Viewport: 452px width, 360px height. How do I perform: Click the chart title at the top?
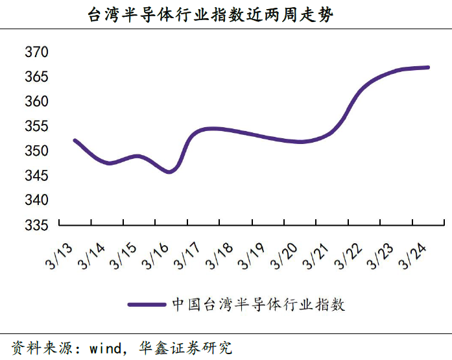point(210,15)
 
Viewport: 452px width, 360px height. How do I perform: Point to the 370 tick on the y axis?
point(36,52)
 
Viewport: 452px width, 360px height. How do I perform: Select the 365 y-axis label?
point(36,77)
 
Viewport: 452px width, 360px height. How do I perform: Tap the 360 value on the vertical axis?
point(36,101)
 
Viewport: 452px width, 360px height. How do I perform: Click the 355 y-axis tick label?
point(36,126)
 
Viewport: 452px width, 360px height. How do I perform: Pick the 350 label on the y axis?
point(36,150)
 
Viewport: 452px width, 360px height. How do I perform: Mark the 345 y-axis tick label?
point(36,175)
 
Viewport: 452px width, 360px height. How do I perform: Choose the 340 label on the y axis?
point(36,200)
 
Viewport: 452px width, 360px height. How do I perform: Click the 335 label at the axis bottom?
point(36,225)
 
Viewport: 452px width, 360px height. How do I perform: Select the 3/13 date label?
point(59,256)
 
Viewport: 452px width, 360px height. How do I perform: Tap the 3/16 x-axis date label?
point(155,256)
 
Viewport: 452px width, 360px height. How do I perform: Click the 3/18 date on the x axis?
point(219,256)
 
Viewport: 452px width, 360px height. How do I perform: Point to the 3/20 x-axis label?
point(283,256)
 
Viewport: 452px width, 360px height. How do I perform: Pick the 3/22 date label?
point(348,256)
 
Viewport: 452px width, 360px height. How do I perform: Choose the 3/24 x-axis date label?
point(412,256)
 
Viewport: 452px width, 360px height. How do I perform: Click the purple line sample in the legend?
point(147,304)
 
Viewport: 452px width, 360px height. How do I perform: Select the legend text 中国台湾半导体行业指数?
point(259,304)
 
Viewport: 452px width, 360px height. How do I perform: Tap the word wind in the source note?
point(106,348)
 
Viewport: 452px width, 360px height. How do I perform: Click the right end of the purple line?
point(428,67)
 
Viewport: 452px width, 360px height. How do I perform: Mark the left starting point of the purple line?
point(75,141)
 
